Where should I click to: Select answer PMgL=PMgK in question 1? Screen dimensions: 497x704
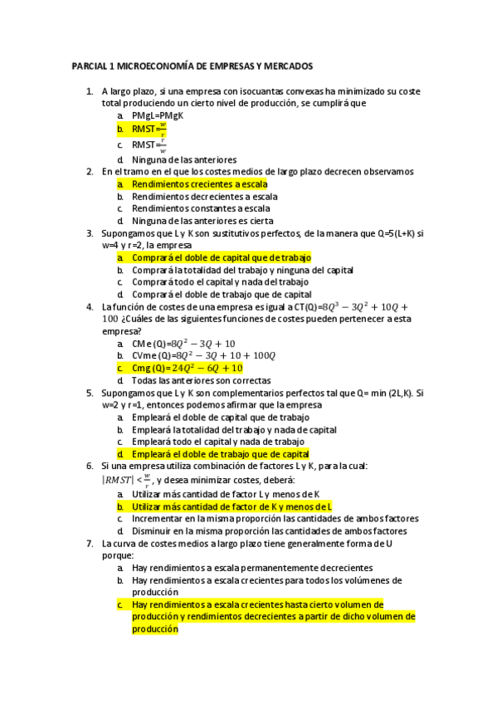click(158, 115)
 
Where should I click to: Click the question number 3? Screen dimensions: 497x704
click(90, 233)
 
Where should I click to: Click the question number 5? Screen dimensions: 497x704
click(90, 393)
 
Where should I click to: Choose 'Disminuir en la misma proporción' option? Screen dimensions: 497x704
click(269, 530)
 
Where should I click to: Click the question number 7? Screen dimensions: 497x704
click(90, 543)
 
